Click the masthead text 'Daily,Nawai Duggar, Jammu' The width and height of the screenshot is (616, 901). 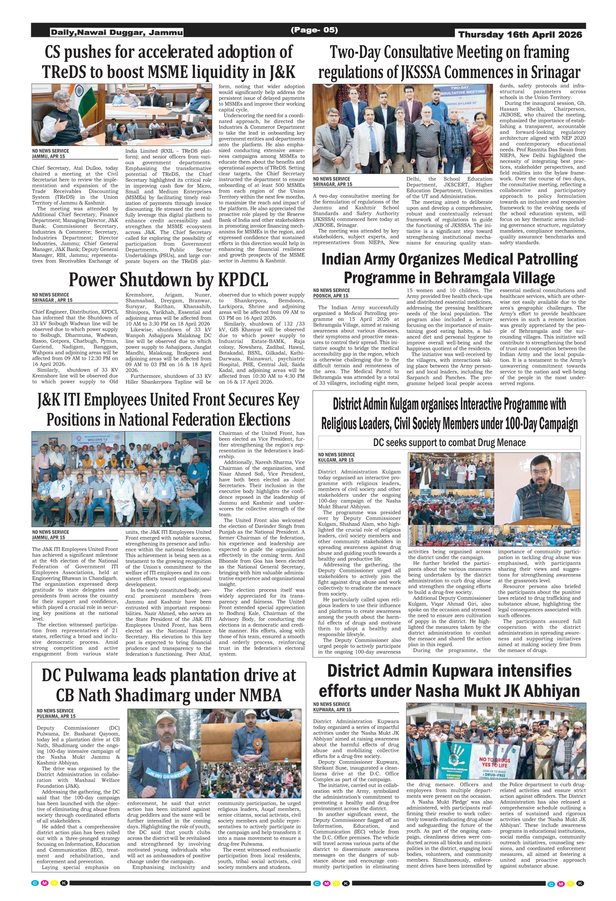click(x=117, y=32)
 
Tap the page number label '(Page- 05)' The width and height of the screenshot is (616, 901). click(x=314, y=30)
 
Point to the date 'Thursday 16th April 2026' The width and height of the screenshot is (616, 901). click(x=520, y=35)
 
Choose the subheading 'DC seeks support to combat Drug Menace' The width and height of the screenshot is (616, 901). click(x=449, y=443)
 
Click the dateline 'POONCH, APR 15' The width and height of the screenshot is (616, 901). click(x=330, y=296)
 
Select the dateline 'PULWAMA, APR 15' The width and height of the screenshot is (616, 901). click(x=56, y=716)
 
